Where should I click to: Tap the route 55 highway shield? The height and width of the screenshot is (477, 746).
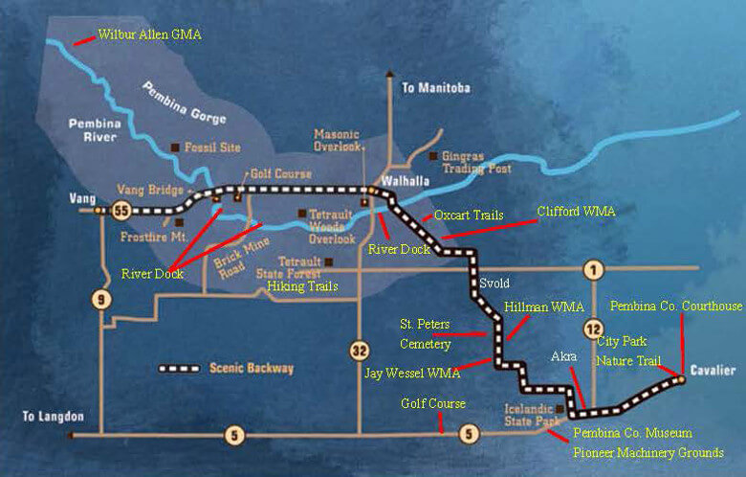[x=121, y=209]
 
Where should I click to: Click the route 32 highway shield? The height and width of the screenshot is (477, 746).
[x=358, y=350]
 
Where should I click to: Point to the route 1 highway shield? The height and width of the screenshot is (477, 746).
[x=595, y=269]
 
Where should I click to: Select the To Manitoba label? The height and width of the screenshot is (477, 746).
[x=436, y=88]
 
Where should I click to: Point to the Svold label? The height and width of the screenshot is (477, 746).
[x=493, y=283]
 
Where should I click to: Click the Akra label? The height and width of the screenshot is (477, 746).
[x=564, y=356]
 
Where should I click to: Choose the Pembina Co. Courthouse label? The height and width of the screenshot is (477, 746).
[x=675, y=306]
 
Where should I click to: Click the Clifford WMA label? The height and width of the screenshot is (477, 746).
[x=575, y=210]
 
